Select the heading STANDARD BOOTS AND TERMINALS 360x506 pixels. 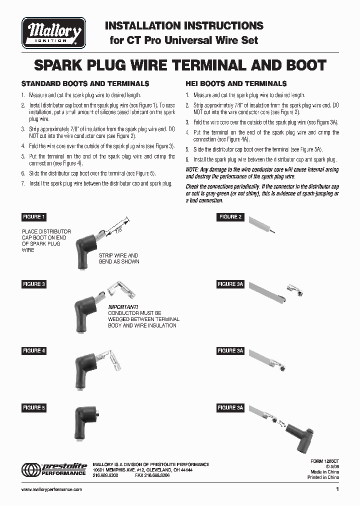click(85, 84)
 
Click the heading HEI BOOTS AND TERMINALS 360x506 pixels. click(236, 84)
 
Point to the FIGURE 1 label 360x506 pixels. click(34, 217)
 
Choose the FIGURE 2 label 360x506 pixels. click(230, 217)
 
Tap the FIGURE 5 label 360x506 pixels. click(34, 408)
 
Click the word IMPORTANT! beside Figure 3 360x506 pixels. click(123, 306)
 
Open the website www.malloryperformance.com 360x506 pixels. click(52, 490)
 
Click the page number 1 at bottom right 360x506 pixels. click(337, 489)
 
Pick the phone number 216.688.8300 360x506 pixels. click(105, 476)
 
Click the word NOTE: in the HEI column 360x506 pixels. click(193, 170)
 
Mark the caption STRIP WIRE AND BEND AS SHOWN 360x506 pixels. click(119, 258)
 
